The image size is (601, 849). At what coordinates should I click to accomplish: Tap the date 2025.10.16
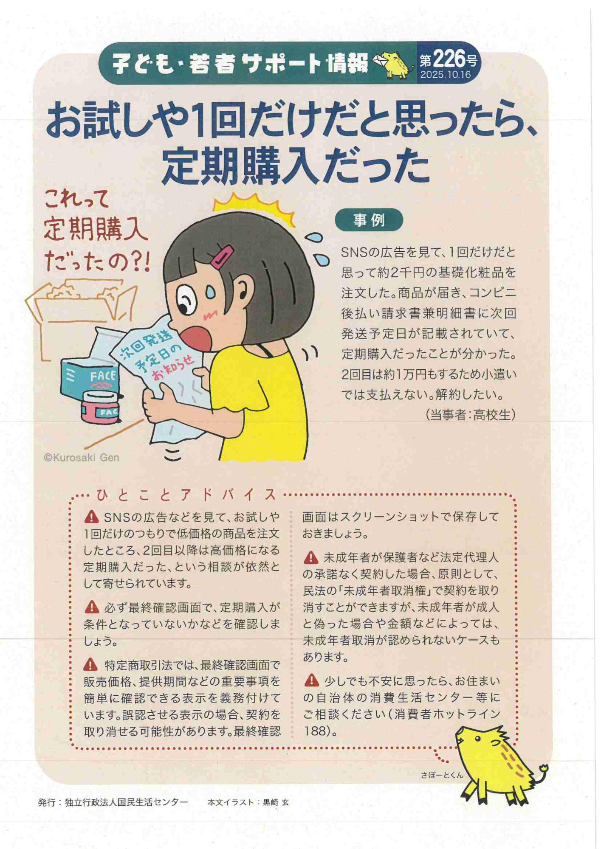pyautogui.click(x=446, y=75)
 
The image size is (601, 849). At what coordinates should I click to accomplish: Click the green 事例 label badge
pyautogui.click(x=369, y=220)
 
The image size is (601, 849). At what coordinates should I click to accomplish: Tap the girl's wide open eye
pyautogui.click(x=186, y=299)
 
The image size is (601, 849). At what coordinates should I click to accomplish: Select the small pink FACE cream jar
pyautogui.click(x=100, y=407)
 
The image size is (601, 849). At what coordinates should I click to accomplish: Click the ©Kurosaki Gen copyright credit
pyautogui.click(x=82, y=458)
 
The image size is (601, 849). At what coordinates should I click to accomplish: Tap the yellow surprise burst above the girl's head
pyautogui.click(x=255, y=206)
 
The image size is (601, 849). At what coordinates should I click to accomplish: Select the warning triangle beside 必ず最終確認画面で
pyautogui.click(x=92, y=607)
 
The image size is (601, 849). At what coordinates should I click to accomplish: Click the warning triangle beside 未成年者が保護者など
pyautogui.click(x=311, y=557)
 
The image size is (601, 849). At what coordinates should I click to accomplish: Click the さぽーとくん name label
pyautogui.click(x=442, y=775)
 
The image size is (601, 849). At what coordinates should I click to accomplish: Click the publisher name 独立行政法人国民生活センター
pyautogui.click(x=126, y=802)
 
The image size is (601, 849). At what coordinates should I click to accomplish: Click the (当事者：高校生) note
pyautogui.click(x=470, y=414)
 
